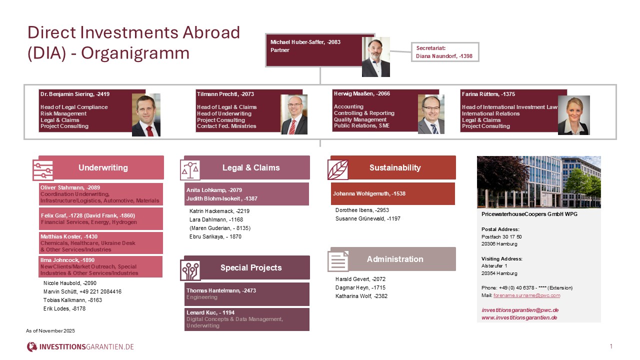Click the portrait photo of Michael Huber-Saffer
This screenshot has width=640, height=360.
pos(375,56)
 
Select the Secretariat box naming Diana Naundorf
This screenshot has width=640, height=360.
pos(444,52)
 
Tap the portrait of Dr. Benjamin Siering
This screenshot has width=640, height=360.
pos(146,114)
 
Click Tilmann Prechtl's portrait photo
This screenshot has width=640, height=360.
pos(294,114)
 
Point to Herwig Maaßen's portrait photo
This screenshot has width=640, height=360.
pos(431,114)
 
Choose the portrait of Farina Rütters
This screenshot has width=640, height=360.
pos(573,115)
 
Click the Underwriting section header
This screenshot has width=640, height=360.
pos(103,167)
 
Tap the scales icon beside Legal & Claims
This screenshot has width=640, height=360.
pos(189,170)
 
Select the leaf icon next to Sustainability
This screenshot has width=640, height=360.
pos(338,169)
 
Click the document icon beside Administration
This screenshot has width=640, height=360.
pos(338,261)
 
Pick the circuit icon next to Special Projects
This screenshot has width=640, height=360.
pos(190,270)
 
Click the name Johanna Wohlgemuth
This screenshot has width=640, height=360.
pos(369,194)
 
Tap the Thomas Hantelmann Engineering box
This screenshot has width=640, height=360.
pos(246,294)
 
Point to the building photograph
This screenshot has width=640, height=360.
pos(538,181)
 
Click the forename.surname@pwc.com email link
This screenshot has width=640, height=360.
pos(526,295)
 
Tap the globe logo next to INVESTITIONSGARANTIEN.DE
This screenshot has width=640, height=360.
pos(32,346)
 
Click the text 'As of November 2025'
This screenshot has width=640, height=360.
pos(50,331)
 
